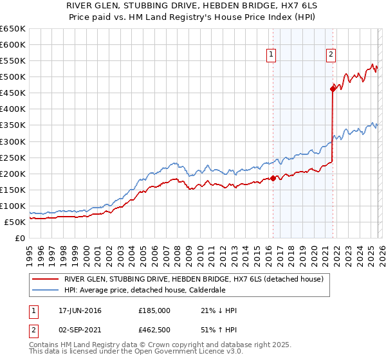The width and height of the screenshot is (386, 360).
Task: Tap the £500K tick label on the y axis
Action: click(12, 77)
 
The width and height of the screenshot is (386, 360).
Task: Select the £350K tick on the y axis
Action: click(12, 125)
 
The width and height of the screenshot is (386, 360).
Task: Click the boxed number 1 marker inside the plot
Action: click(272, 55)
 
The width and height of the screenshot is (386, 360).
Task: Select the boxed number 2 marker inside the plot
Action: click(331, 55)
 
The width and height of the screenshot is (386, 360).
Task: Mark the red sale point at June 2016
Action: click(273, 178)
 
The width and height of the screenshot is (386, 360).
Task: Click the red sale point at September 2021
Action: click(333, 89)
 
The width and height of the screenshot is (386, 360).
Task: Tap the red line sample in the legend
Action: click(44, 279)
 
